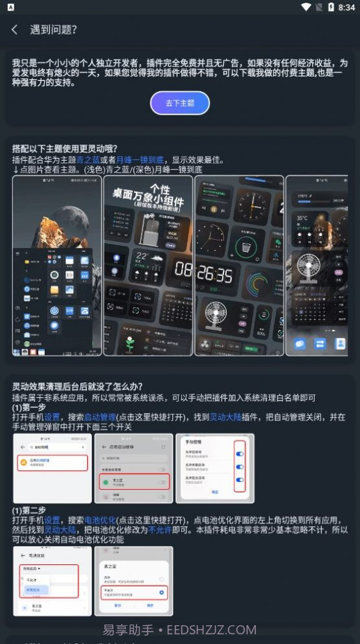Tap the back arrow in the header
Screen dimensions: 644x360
click(14, 30)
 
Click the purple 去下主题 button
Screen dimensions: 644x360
click(180, 103)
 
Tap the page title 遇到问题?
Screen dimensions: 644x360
click(54, 30)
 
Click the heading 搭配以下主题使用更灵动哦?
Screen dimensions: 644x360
click(65, 148)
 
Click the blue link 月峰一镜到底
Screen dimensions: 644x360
click(140, 159)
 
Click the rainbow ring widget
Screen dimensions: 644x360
click(260, 283)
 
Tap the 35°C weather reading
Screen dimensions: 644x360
click(302, 218)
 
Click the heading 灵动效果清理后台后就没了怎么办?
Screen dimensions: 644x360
click(77, 387)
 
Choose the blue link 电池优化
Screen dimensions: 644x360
click(100, 520)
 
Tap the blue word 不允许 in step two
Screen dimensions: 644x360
click(160, 529)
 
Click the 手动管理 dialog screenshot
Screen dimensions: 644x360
click(215, 468)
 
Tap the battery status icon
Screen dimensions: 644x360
click(330, 7)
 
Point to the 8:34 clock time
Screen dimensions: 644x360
click(346, 7)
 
